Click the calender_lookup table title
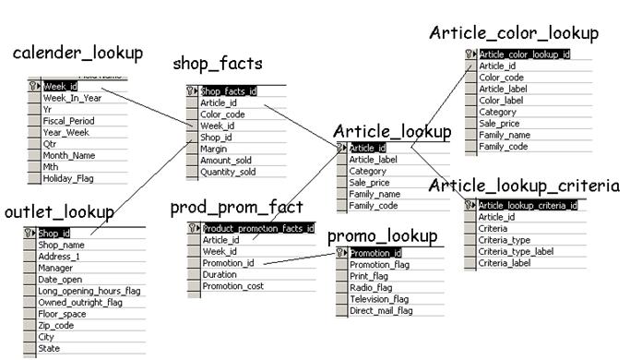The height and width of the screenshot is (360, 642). [x=77, y=53]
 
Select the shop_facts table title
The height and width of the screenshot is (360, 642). [x=218, y=64]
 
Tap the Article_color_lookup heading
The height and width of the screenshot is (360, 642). [x=514, y=33]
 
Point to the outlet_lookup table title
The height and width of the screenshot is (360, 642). [x=59, y=212]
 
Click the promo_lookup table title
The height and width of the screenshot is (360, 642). [x=382, y=236]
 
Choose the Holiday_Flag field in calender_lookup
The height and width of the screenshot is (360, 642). [x=69, y=178]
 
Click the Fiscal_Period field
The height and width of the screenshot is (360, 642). [x=68, y=121]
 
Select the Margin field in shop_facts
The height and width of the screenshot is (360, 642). [x=214, y=149]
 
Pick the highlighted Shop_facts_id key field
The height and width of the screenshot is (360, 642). [x=229, y=91]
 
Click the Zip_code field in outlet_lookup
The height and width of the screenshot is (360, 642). [x=55, y=326]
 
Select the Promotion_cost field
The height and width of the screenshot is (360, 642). [x=232, y=286]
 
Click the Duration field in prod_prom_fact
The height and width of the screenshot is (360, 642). [x=220, y=274]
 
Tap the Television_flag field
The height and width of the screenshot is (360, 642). [x=380, y=299]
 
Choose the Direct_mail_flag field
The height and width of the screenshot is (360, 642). [x=381, y=311]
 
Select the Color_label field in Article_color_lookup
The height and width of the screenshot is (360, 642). [x=501, y=101]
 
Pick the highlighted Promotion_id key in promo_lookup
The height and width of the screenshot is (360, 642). [x=376, y=253]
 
